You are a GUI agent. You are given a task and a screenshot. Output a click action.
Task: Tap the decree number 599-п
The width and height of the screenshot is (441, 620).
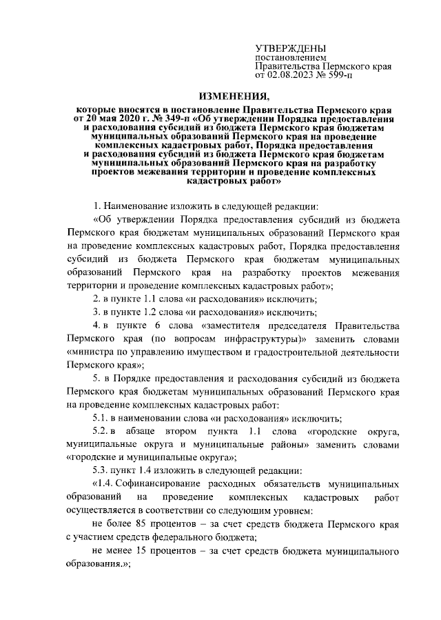coord(336,75)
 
